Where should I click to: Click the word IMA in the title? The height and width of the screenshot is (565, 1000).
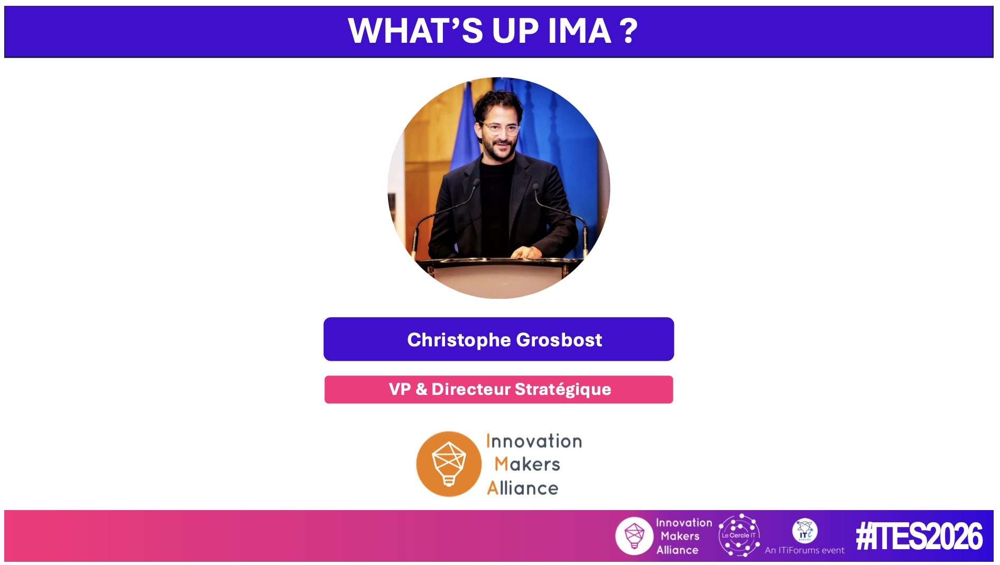click(x=579, y=31)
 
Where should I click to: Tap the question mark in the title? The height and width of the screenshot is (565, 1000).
click(x=629, y=31)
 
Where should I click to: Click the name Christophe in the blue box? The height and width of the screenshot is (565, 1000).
click(x=459, y=340)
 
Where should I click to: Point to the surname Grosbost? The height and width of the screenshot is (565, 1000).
click(x=559, y=340)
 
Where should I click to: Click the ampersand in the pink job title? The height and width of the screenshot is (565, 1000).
click(x=421, y=389)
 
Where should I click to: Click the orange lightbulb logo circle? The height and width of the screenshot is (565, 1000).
click(x=449, y=464)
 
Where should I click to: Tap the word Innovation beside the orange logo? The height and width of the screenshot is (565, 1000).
click(x=534, y=441)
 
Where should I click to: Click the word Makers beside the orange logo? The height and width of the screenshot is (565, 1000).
click(x=527, y=464)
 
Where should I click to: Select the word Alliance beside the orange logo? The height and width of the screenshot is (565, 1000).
click(x=522, y=488)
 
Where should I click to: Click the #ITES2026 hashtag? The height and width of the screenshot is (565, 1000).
click(x=919, y=536)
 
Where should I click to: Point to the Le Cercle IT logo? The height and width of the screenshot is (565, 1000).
click(x=739, y=535)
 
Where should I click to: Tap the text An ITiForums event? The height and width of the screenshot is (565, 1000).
click(x=804, y=550)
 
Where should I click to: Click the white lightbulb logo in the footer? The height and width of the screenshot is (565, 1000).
click(x=634, y=536)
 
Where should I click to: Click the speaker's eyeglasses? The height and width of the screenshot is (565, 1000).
click(x=499, y=128)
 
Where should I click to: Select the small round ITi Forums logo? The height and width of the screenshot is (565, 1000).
click(x=804, y=531)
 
